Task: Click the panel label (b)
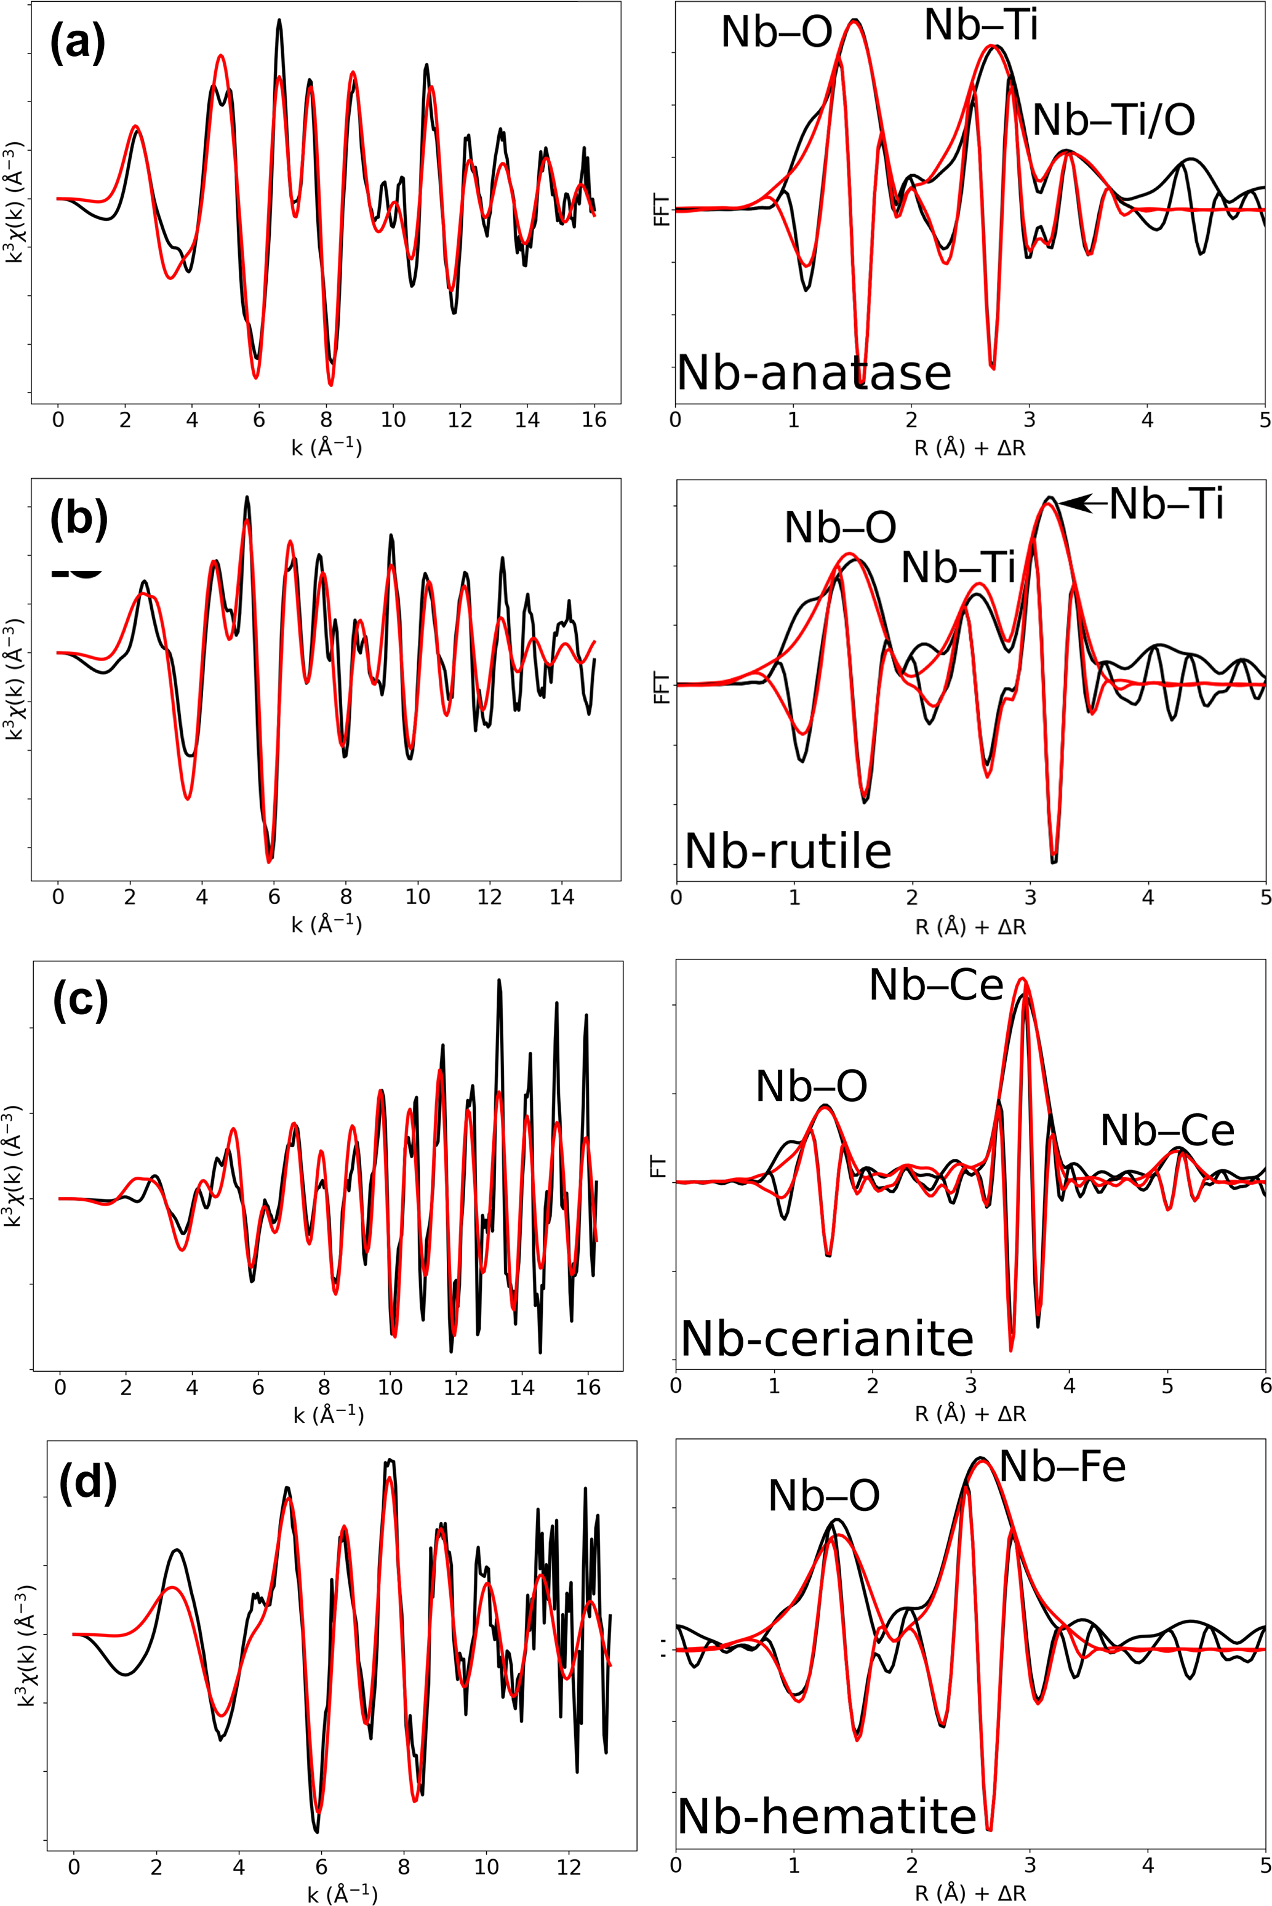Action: coord(79,519)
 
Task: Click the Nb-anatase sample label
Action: coord(814,373)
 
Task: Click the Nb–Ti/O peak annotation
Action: coord(1114,120)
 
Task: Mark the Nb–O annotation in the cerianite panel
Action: coord(811,1086)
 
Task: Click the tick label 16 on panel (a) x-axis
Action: coord(594,420)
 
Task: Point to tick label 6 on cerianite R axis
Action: coord(1265,1385)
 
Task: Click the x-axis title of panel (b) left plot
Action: coord(326,924)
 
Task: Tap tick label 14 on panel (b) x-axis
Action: coord(561,897)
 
